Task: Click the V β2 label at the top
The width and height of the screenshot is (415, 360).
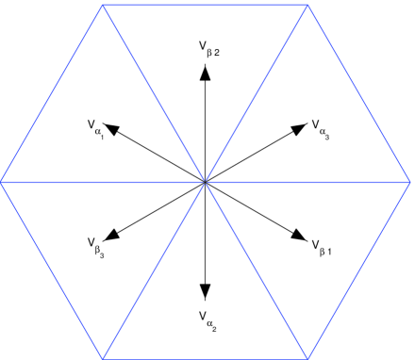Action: [208, 47]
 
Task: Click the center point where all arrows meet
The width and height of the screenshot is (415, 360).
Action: [206, 180]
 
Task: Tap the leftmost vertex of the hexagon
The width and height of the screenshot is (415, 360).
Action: [1, 180]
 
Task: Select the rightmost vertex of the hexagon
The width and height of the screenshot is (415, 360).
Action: [411, 180]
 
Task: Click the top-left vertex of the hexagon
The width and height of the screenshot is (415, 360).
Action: [103, 4]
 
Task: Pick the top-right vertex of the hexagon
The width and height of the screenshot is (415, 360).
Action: [308, 4]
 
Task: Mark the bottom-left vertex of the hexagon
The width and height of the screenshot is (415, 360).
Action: [103, 358]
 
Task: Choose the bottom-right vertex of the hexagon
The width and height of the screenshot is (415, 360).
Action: [308, 358]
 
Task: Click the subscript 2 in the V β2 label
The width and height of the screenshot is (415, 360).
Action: [217, 52]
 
